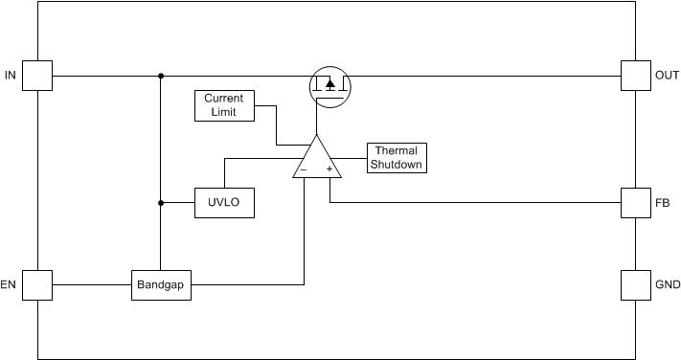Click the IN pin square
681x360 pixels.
(37, 76)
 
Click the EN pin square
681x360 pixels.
(37, 284)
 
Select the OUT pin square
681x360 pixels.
(635, 76)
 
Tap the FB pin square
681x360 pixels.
(635, 203)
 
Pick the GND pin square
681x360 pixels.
(635, 284)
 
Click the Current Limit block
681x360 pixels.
(224, 105)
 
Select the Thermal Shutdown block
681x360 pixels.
(397, 158)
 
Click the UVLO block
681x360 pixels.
(224, 203)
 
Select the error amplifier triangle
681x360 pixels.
(316, 159)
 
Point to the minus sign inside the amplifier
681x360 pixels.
(304, 169)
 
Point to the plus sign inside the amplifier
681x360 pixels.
(329, 169)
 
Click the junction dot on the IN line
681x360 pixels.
(161, 76)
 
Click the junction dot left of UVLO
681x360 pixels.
(161, 203)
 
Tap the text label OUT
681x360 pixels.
(667, 76)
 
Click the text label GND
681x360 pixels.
(667, 285)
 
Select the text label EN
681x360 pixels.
(10, 285)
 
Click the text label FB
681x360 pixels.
(663, 203)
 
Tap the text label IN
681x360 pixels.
(10, 76)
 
